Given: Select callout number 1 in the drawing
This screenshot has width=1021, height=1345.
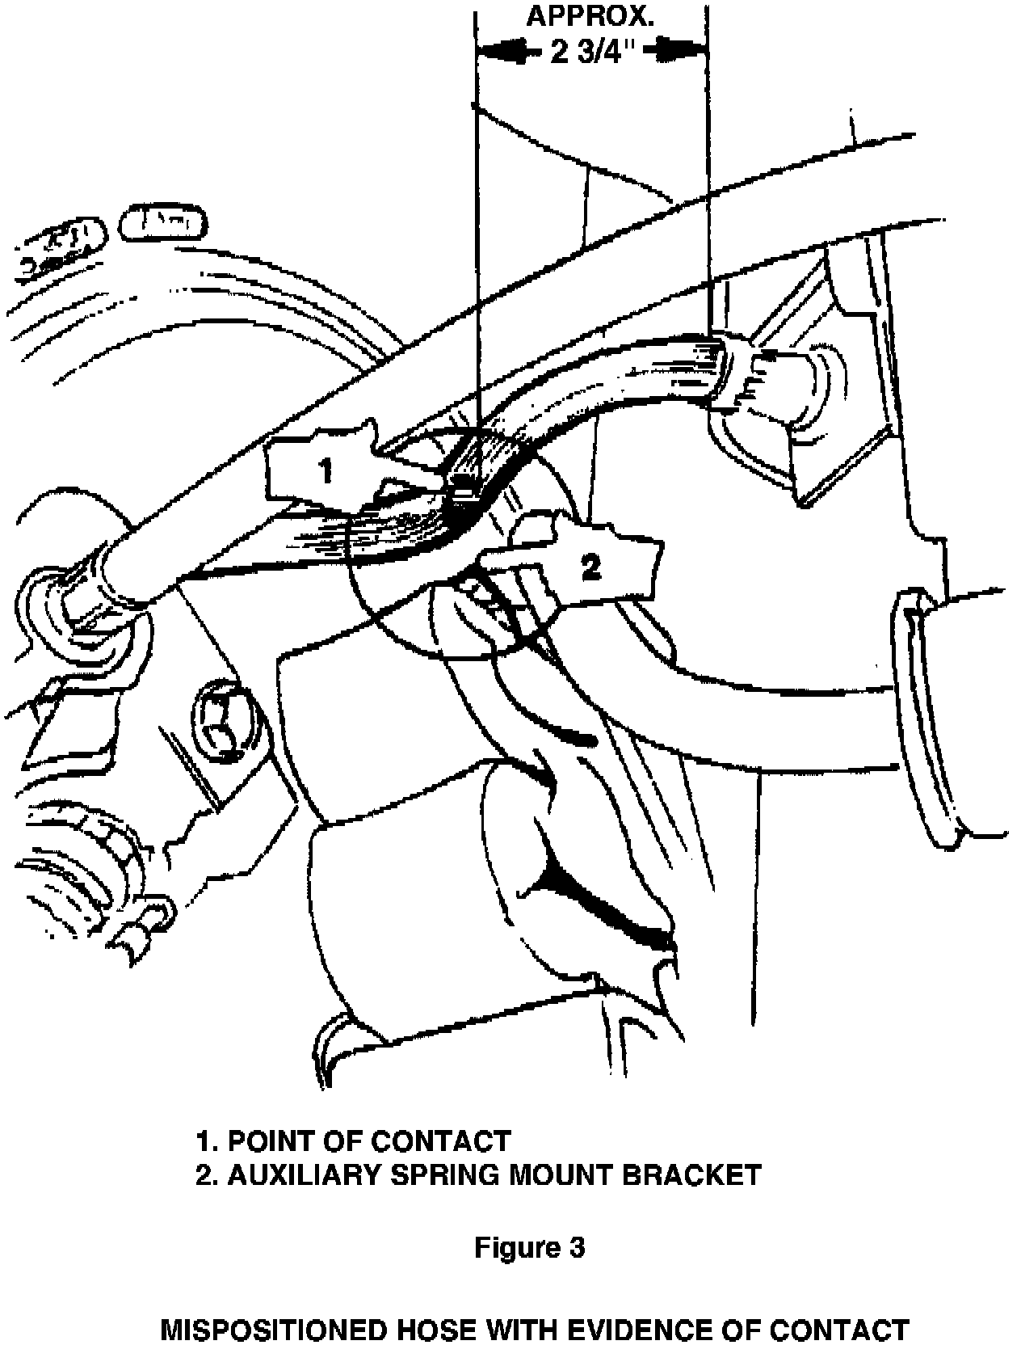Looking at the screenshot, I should tap(326, 470).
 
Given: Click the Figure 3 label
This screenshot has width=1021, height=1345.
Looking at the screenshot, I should tap(529, 1247).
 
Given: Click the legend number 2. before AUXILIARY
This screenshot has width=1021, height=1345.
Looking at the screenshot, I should tap(206, 1174).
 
